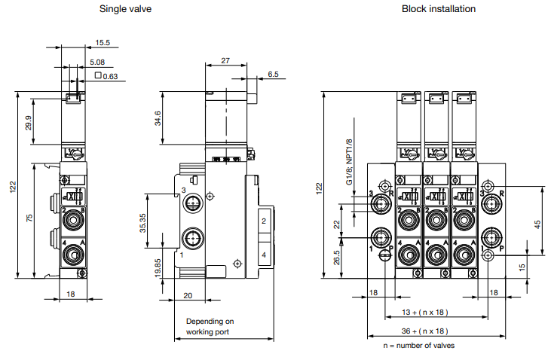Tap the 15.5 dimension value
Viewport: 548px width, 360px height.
(103, 43)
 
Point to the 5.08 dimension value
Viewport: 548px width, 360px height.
(96, 62)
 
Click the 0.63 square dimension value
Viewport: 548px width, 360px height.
(108, 75)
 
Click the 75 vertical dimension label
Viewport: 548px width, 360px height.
(29, 218)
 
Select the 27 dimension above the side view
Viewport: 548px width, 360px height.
(225, 60)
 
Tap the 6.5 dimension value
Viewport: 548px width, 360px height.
(272, 75)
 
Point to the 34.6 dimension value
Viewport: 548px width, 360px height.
(156, 119)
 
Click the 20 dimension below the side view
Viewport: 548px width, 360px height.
(188, 295)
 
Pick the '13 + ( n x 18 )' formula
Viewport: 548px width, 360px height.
(424, 312)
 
